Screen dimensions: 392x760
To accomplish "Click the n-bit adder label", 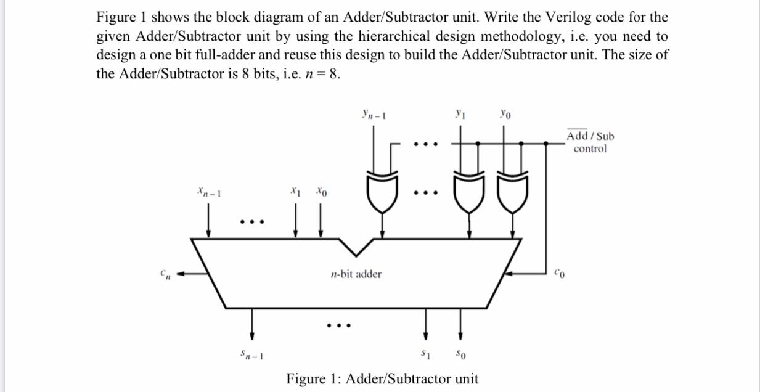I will click(x=356, y=274).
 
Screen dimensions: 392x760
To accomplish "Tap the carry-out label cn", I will click(x=165, y=273).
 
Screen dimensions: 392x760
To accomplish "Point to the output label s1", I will click(x=425, y=354).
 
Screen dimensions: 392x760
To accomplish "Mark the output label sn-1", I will click(x=252, y=355).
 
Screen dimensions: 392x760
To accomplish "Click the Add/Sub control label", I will click(x=590, y=142).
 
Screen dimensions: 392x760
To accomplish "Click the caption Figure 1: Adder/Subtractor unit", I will click(x=382, y=378).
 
